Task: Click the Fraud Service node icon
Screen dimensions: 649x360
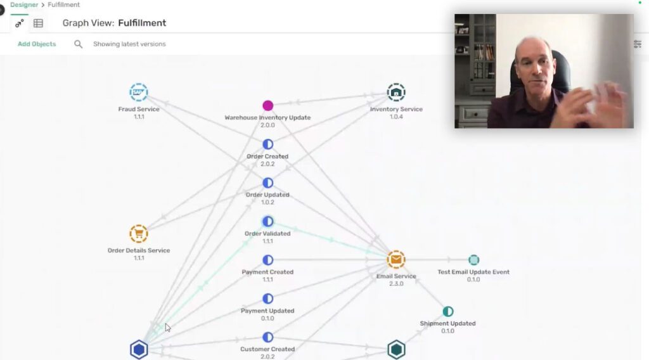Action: click(139, 93)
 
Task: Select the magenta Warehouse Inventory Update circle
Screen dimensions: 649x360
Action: click(268, 105)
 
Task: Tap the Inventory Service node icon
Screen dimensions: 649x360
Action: click(396, 93)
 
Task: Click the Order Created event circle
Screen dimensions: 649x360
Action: click(268, 144)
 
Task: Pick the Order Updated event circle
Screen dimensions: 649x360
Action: click(268, 183)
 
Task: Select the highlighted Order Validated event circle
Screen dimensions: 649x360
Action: click(268, 221)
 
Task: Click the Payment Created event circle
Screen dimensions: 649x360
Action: click(268, 260)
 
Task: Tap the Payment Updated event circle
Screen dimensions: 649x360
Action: click(268, 299)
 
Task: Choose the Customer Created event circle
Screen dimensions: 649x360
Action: click(268, 337)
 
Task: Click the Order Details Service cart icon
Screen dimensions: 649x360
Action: click(139, 234)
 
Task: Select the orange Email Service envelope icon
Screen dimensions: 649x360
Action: click(396, 259)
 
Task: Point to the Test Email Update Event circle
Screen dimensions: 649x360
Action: click(473, 260)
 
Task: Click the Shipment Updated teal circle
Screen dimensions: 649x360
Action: click(448, 311)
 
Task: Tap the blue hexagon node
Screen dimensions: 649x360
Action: click(139, 350)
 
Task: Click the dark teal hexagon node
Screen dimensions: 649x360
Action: click(396, 350)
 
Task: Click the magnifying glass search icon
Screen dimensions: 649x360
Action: click(78, 44)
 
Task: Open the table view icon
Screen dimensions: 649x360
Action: click(38, 23)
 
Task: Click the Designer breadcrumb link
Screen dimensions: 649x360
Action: click(24, 4)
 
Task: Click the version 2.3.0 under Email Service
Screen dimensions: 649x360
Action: click(396, 284)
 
